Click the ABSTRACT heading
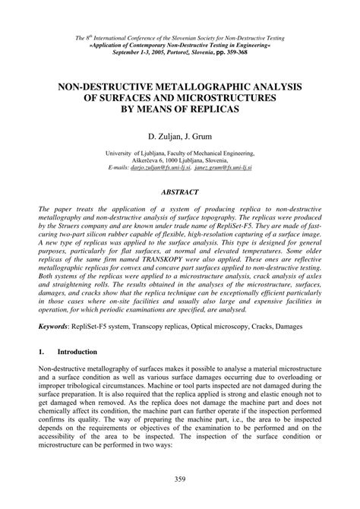pyautogui.click(x=180, y=192)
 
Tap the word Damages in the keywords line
pyautogui.click(x=300, y=326)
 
